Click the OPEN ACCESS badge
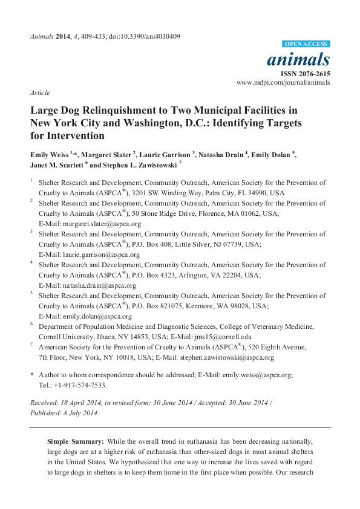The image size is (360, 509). [x=306, y=44]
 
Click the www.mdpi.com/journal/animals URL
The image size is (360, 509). [x=283, y=82]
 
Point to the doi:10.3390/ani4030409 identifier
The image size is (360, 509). [x=145, y=36]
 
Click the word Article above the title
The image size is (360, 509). [x=39, y=93]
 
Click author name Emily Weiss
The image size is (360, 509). [x=51, y=155]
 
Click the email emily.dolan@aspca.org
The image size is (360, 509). [x=94, y=316]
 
